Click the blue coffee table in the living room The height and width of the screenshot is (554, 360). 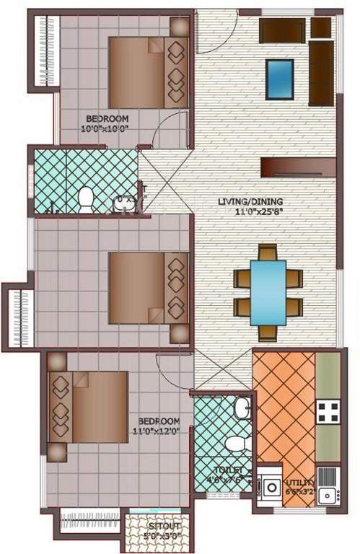[x=279, y=79]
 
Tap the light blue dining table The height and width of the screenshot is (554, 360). [x=267, y=292]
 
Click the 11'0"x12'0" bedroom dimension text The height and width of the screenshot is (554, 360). [x=160, y=431]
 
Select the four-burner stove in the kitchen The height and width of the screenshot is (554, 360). [x=328, y=410]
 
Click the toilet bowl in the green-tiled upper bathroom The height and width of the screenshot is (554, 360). [x=86, y=198]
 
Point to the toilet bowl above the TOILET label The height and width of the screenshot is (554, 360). [x=234, y=442]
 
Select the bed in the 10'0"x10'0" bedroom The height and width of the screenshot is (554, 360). [x=149, y=72]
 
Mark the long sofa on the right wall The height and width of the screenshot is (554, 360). [x=321, y=73]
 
